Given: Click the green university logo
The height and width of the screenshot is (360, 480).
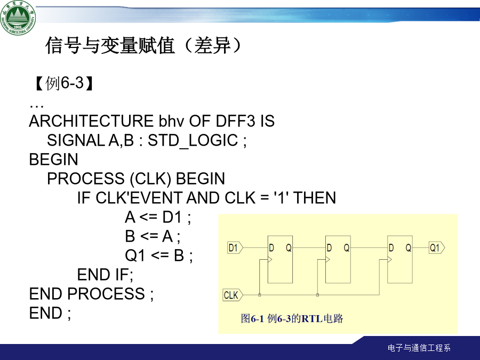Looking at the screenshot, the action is (x=18, y=17).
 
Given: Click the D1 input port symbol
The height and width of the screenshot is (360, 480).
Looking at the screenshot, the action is (x=235, y=247).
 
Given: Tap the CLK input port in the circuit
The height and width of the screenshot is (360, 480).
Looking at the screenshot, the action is (x=233, y=295).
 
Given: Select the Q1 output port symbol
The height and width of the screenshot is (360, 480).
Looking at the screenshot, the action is (x=437, y=247).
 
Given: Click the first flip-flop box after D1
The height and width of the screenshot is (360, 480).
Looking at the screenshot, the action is (x=280, y=259).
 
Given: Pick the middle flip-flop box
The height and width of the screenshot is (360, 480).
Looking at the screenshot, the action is (x=338, y=259).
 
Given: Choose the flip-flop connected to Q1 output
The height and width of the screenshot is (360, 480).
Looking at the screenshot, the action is (x=400, y=259).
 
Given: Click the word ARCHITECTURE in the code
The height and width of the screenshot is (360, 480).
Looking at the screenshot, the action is (x=91, y=121).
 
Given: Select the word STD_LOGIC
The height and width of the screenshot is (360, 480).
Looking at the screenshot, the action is (x=193, y=141).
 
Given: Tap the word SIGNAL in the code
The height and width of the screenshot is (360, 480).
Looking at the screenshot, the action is (x=76, y=140).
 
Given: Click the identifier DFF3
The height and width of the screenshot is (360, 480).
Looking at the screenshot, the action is (x=235, y=121).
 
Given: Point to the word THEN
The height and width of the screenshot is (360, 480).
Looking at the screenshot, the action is (x=315, y=198).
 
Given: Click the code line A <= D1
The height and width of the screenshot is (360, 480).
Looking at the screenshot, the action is (x=158, y=218).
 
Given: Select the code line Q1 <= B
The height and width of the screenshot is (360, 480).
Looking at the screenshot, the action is (x=159, y=255).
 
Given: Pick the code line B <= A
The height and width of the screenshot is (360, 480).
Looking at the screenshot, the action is (x=153, y=237).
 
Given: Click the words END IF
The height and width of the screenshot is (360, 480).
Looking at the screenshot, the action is (x=105, y=275).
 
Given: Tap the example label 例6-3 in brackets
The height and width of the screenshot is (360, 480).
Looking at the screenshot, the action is (x=65, y=83).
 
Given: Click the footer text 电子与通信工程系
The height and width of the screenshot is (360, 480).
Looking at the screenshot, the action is (x=419, y=348).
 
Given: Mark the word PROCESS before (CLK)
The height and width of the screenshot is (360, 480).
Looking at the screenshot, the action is (x=86, y=179).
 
